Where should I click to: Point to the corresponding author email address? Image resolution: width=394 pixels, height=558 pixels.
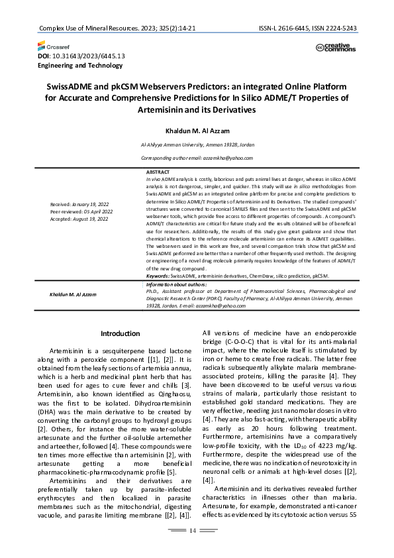(x=196, y=158)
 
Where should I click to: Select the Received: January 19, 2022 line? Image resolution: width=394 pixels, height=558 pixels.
(x=79, y=203)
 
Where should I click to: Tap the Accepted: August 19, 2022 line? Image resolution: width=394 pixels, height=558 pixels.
(x=79, y=218)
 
